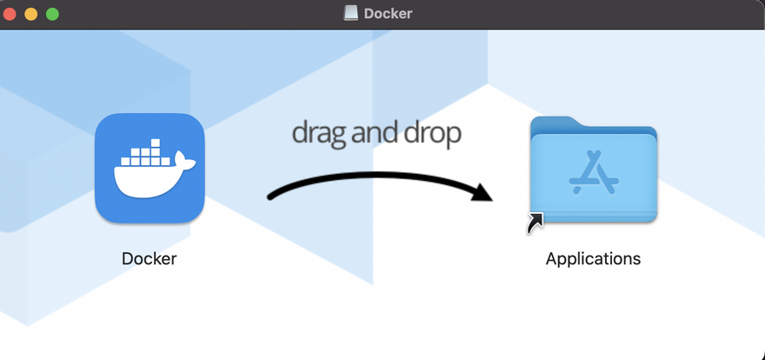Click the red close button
[10, 14]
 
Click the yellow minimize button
[31, 14]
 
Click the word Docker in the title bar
[388, 14]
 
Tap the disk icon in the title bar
[351, 14]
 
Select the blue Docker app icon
[150, 168]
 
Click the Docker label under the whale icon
[150, 258]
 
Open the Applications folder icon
[594, 170]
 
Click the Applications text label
[593, 258]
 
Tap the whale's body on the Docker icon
[144, 179]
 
